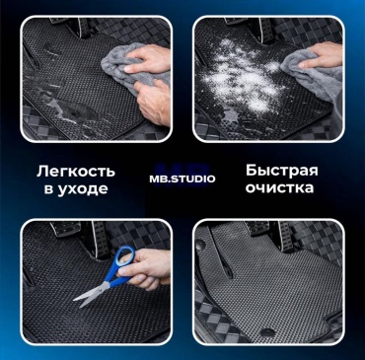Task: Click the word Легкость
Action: click(76, 172)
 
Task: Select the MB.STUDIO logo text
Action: click(182, 179)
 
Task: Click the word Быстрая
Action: click(282, 171)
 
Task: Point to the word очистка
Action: click(279, 188)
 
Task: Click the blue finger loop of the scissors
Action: click(125, 259)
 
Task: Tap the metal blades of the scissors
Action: click(89, 295)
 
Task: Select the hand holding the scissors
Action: click(145, 269)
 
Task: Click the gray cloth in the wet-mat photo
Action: click(131, 69)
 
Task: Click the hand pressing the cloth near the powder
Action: click(321, 55)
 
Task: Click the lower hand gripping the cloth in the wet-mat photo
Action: click(153, 101)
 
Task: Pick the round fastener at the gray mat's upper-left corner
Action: click(201, 244)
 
